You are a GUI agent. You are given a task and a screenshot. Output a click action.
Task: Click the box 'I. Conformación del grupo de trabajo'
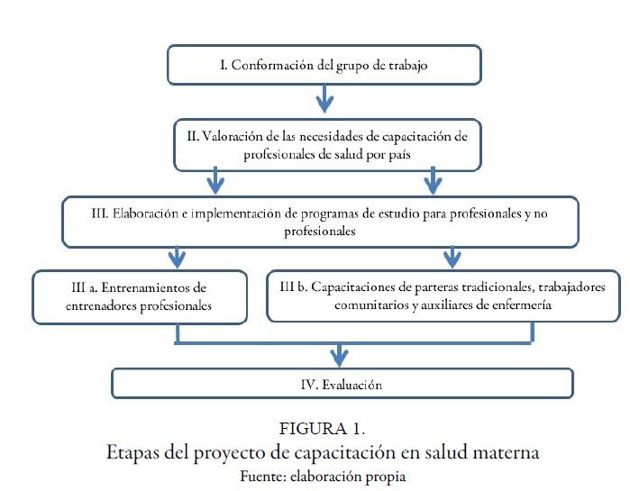point(323,66)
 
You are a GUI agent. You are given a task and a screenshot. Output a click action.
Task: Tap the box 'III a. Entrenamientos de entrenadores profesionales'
point(140,296)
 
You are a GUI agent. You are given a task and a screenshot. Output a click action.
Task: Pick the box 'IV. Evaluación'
point(342,384)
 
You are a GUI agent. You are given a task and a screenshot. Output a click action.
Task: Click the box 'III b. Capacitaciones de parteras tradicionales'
point(443,296)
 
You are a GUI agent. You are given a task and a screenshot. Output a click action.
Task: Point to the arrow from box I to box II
point(323,97)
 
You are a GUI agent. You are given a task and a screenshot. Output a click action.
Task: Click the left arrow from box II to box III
point(215,181)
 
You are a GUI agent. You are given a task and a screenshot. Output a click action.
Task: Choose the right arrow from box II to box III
point(434,181)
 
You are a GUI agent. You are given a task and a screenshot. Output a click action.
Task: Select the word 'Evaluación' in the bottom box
point(351,385)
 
